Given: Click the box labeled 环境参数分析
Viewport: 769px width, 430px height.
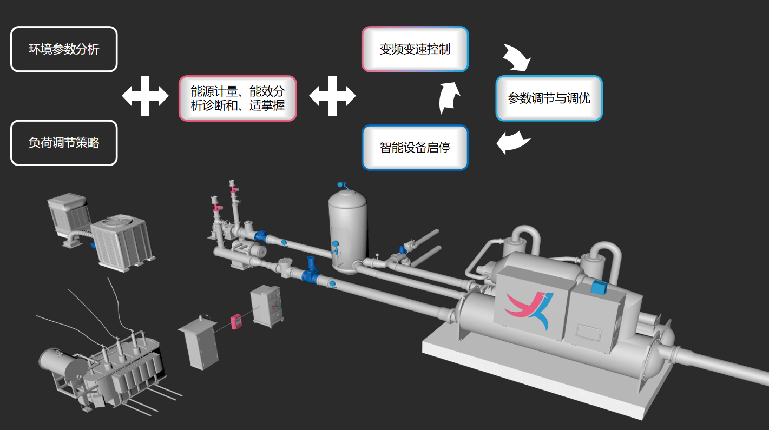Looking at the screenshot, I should (x=64, y=49).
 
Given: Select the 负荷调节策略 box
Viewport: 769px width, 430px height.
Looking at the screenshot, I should (x=64, y=143).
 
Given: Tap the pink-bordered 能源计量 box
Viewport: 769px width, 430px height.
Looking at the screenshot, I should (x=238, y=98).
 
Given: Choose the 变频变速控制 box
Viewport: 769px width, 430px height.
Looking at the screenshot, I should (x=415, y=49).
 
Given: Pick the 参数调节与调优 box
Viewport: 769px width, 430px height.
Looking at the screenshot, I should (x=549, y=98).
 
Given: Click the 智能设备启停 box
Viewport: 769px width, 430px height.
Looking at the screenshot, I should (x=415, y=148).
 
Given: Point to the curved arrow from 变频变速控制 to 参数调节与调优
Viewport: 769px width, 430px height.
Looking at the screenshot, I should (x=517, y=57).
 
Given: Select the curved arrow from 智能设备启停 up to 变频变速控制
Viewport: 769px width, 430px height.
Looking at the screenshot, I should (x=449, y=98).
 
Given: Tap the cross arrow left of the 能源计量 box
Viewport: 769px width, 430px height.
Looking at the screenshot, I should (x=145, y=96).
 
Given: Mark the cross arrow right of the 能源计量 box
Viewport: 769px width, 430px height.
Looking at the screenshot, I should (x=332, y=96).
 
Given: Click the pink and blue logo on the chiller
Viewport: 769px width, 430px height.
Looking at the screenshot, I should (x=530, y=310).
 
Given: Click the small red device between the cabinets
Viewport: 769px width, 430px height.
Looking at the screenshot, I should (x=235, y=321).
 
